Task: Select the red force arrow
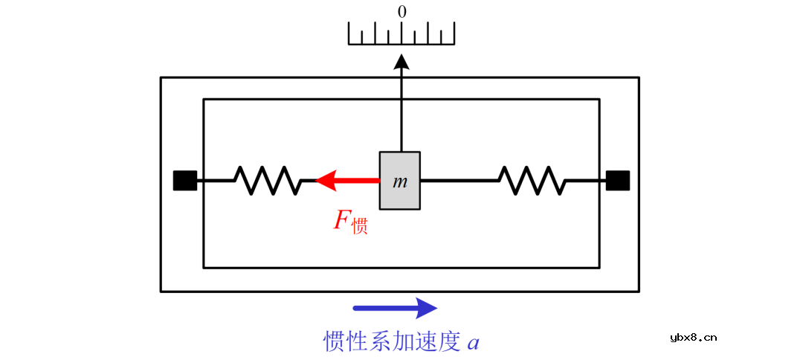coord(348,180)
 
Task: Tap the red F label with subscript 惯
coord(350,222)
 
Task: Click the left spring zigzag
coord(266,180)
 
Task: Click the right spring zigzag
coord(531,180)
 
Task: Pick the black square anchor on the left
coord(185,181)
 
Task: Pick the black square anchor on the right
coord(618,181)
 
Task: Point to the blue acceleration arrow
coord(395,308)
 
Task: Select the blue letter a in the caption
coord(473,343)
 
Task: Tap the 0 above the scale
coord(402,12)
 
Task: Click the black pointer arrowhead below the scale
coord(401,62)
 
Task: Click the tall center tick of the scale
coord(401,33)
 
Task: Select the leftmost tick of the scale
coord(349,33)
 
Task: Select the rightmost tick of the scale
coord(454,33)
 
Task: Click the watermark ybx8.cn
coord(693,337)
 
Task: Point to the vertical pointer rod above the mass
coord(401,112)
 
